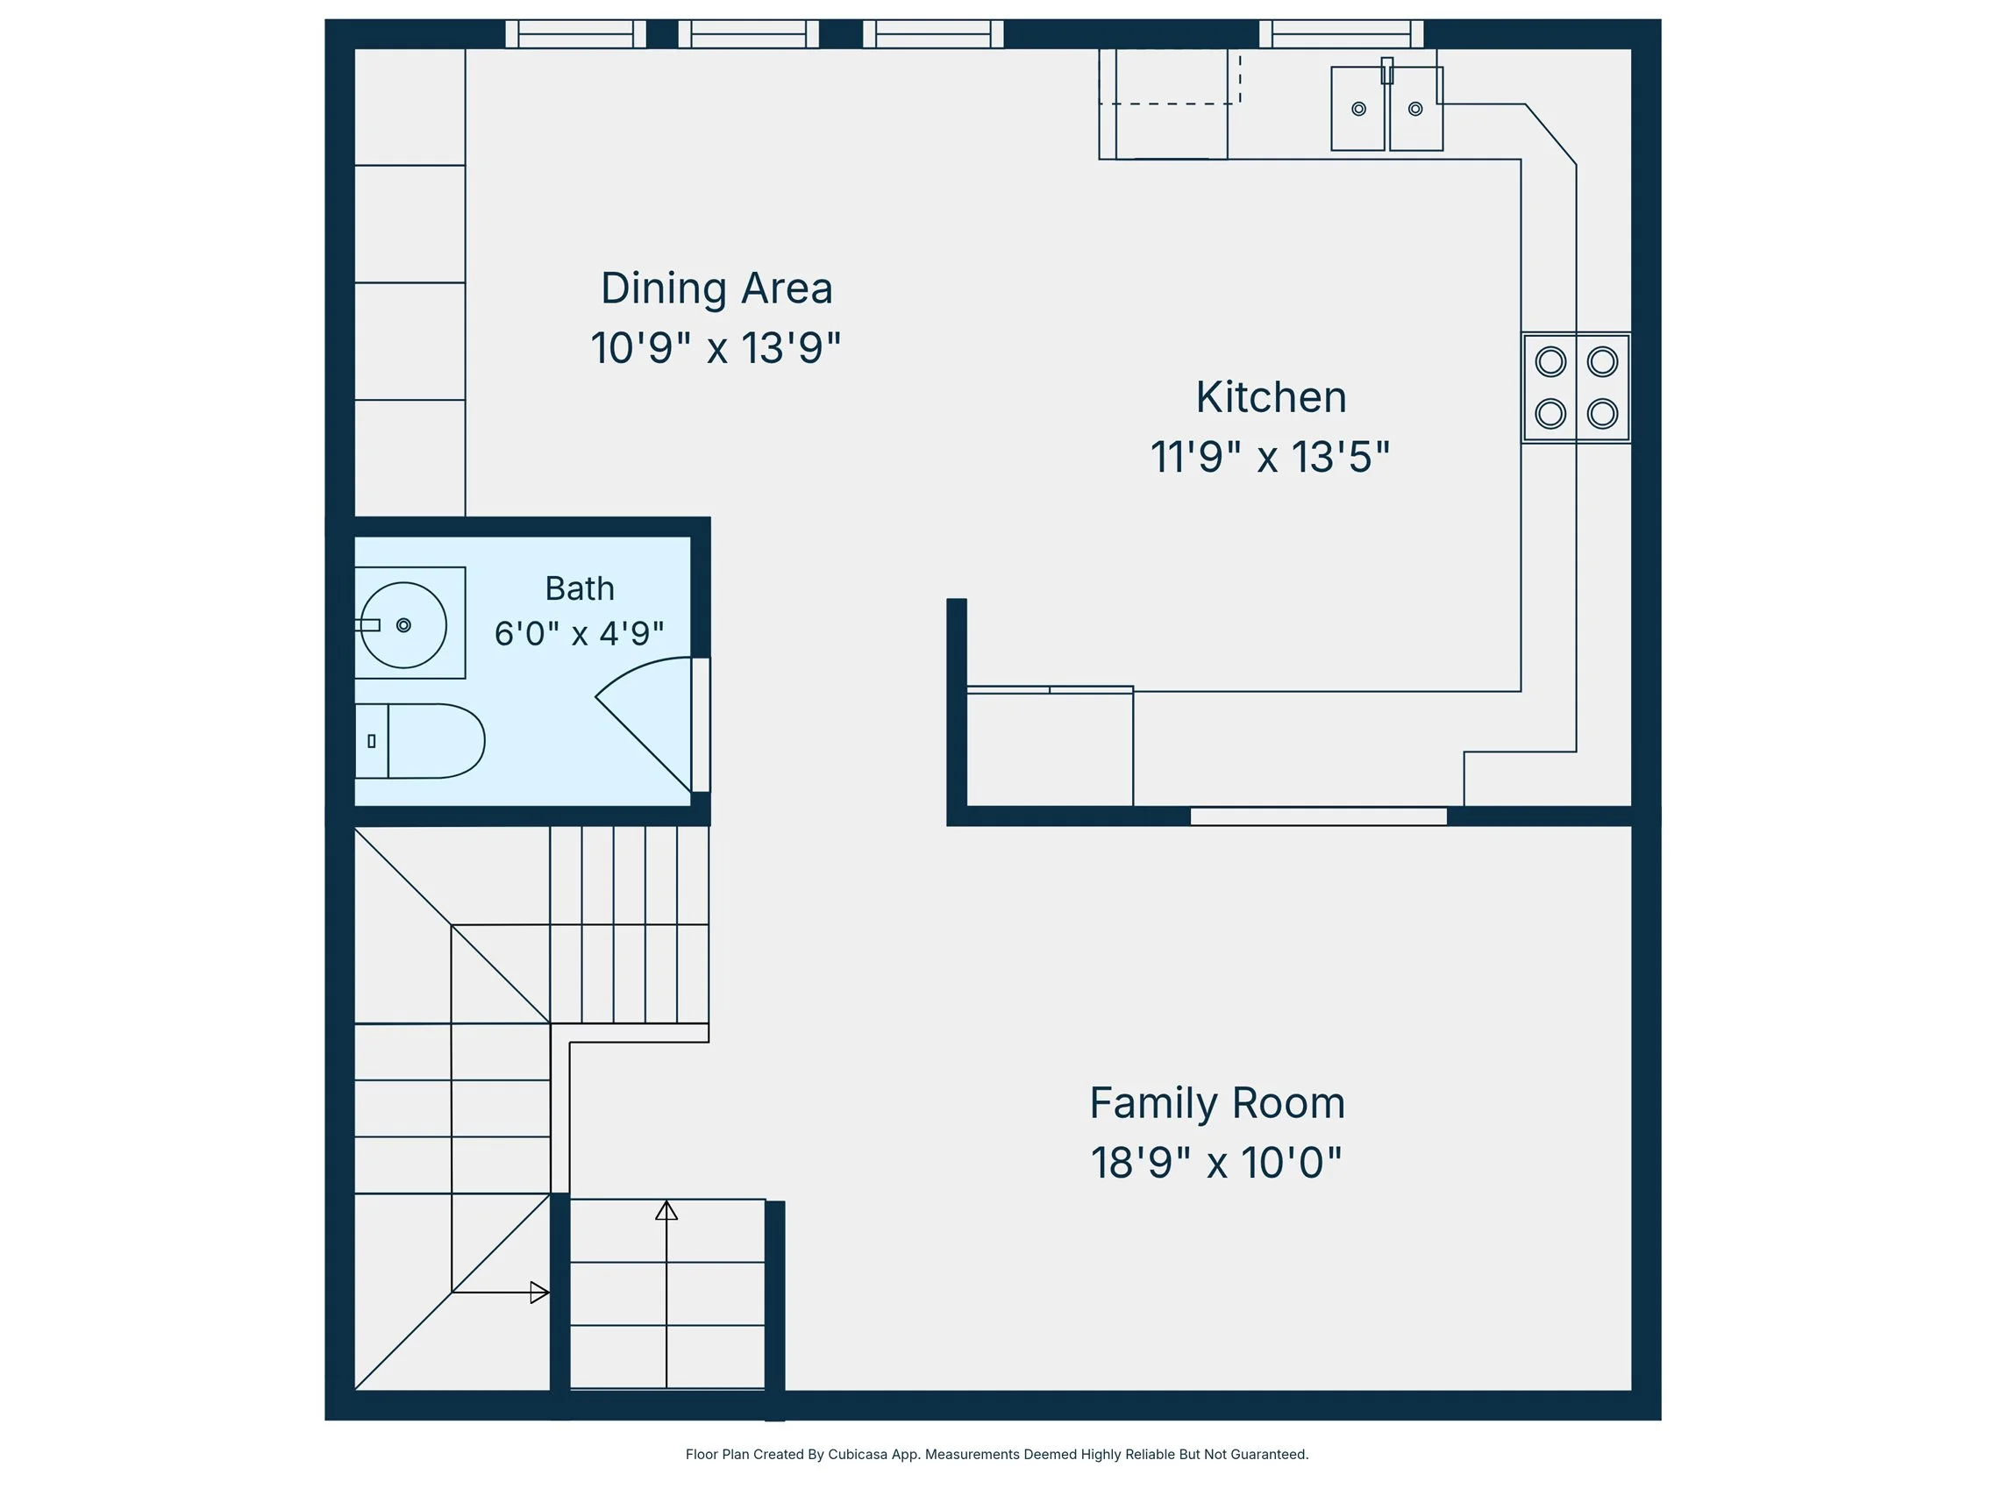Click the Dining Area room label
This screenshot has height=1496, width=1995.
pyautogui.click(x=716, y=289)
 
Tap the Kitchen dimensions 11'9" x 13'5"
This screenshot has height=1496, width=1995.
pyautogui.click(x=1270, y=456)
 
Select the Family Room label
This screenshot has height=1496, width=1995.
pyautogui.click(x=1216, y=1104)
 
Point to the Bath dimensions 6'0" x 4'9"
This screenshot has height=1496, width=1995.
pyautogui.click(x=579, y=633)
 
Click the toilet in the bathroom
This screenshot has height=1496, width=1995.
pyautogui.click(x=420, y=741)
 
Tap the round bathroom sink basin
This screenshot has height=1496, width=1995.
pyautogui.click(x=403, y=625)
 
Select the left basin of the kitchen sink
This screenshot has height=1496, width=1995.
pyautogui.click(x=1358, y=109)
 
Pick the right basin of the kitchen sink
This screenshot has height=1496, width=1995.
pyautogui.click(x=1416, y=109)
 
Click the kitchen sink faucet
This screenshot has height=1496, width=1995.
pyautogui.click(x=1387, y=70)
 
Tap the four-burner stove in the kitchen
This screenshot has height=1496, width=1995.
pyautogui.click(x=1577, y=388)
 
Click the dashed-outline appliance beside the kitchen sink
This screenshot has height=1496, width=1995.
pyautogui.click(x=1170, y=103)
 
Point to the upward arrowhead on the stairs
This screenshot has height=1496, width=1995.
pyautogui.click(x=666, y=1210)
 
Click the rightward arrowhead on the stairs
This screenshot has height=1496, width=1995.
pyautogui.click(x=539, y=1293)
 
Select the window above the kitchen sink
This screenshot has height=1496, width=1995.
pyautogui.click(x=1341, y=34)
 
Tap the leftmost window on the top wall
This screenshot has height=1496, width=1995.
pyautogui.click(x=575, y=34)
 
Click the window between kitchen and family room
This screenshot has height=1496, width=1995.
pyautogui.click(x=1319, y=816)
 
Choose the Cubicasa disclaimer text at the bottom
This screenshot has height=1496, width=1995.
pyautogui.click(x=996, y=1455)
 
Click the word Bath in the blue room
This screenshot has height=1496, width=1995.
pyautogui.click(x=580, y=588)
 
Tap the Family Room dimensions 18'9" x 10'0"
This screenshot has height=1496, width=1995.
pyautogui.click(x=1216, y=1164)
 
